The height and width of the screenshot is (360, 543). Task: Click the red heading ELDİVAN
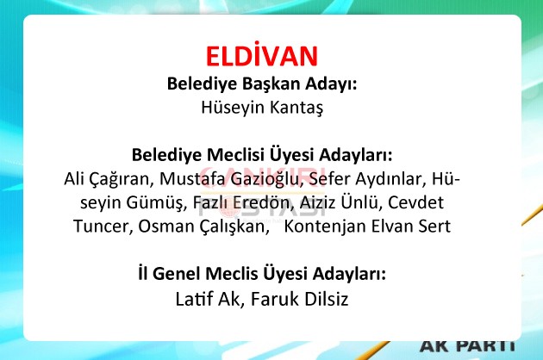pyautogui.click(x=262, y=55)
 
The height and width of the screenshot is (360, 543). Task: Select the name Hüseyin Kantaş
pyautogui.click(x=262, y=107)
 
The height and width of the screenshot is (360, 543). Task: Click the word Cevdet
pyautogui.click(x=415, y=203)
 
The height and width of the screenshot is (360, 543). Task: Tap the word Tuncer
pyautogui.click(x=103, y=227)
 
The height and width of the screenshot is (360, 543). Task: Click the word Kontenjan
pyautogui.click(x=324, y=227)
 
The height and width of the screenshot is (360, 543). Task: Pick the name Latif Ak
pyautogui.click(x=208, y=299)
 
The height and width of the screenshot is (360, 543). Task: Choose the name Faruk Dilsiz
pyautogui.click(x=299, y=299)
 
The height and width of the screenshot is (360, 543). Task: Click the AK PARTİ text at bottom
pyautogui.click(x=468, y=345)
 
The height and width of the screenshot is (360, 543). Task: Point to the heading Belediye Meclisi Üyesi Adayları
pyautogui.click(x=262, y=155)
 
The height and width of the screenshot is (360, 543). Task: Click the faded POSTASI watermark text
pyautogui.click(x=262, y=209)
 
